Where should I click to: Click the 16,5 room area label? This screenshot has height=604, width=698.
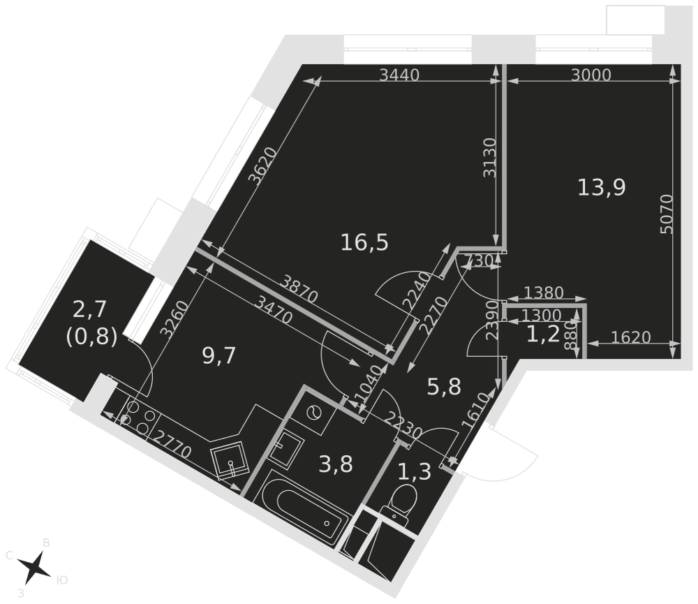click(x=364, y=243)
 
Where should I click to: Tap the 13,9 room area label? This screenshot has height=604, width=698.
click(x=602, y=188)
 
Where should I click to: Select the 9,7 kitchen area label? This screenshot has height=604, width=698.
click(x=218, y=356)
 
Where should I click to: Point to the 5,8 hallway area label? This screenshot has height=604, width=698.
click(x=444, y=387)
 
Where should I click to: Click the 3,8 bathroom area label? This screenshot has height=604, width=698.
click(x=336, y=464)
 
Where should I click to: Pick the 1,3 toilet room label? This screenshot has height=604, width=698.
click(x=415, y=472)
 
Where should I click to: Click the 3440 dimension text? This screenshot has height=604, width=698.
click(x=399, y=75)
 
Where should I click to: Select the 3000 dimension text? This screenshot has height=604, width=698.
click(x=591, y=75)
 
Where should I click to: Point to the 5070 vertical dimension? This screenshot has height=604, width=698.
click(x=667, y=214)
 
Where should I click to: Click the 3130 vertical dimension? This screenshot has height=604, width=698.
click(x=490, y=158)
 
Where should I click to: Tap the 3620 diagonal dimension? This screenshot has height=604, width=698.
click(x=262, y=165)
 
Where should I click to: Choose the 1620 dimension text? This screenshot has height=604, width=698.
click(x=631, y=337)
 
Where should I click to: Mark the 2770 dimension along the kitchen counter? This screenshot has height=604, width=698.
click(x=172, y=445)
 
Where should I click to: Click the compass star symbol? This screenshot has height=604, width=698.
click(x=34, y=568)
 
